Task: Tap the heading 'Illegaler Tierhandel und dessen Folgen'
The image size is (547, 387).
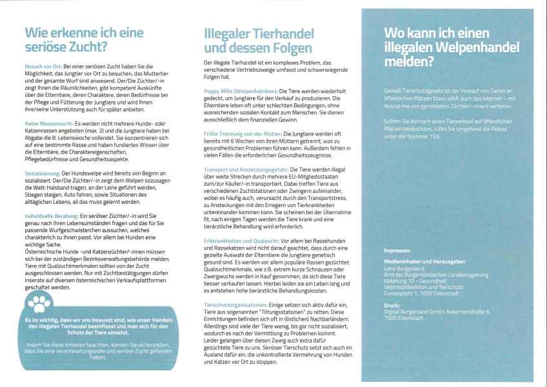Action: click(259, 40)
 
